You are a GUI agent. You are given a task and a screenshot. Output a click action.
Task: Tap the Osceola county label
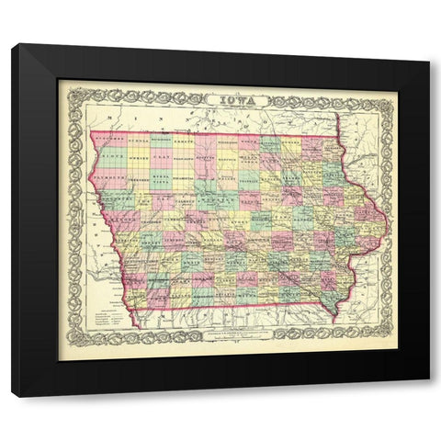click(138, 141)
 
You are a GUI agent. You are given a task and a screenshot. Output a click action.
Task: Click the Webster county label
click(217, 200)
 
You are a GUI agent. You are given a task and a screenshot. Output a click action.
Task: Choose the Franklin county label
click(250, 181)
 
